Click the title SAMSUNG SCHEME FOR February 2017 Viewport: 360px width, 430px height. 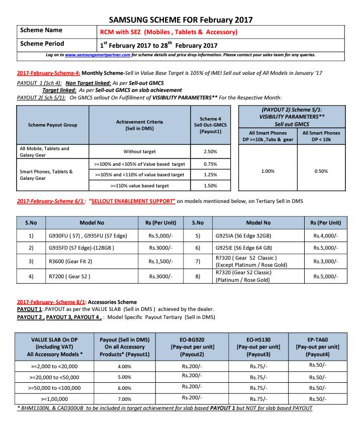point(181,19)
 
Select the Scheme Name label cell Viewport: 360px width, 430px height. point(41,31)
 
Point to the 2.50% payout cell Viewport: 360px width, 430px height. point(211,151)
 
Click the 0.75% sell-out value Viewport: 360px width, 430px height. point(211,164)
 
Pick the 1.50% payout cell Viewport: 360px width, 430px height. point(211,185)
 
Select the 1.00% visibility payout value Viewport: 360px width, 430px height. point(268,171)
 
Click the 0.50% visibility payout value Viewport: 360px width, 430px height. point(320,171)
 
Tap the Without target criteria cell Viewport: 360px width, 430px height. point(139,151)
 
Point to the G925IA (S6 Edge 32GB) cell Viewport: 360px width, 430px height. point(244,235)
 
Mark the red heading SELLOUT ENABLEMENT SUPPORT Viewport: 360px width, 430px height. point(132,201)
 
